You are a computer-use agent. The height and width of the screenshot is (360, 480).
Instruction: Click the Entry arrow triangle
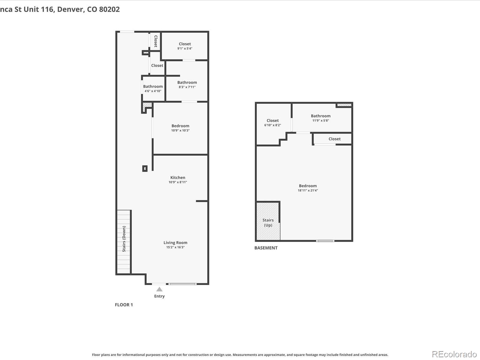159,289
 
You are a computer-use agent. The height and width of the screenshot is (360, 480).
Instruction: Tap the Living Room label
175,243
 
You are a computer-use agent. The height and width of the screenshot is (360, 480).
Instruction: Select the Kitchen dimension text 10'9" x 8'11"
178,182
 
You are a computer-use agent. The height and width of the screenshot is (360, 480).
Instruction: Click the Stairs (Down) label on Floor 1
124,239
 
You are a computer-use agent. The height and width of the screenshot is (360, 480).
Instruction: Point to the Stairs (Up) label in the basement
268,223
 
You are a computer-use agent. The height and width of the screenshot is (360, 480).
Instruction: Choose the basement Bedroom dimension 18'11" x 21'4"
308,190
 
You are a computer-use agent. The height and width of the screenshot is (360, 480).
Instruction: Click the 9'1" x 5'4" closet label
185,46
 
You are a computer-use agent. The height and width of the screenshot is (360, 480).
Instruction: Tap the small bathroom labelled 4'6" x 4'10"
153,88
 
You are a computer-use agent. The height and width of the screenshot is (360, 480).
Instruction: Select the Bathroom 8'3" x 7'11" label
187,85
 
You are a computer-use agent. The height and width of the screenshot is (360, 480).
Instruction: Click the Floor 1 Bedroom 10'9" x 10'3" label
180,128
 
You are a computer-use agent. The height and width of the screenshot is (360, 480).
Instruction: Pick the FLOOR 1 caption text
124,305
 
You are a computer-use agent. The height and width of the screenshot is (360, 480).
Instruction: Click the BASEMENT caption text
266,248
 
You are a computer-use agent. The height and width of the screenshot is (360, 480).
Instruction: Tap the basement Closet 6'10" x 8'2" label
272,122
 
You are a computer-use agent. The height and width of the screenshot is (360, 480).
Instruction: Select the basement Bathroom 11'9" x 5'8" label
321,118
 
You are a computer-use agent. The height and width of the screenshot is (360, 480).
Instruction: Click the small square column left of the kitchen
145,169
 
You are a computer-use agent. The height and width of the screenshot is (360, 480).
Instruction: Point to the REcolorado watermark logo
454,354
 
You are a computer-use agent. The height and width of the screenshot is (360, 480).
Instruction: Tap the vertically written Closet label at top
156,41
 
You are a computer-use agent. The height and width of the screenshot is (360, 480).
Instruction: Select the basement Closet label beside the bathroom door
334,139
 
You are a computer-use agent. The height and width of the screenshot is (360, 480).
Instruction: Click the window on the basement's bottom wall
325,241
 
